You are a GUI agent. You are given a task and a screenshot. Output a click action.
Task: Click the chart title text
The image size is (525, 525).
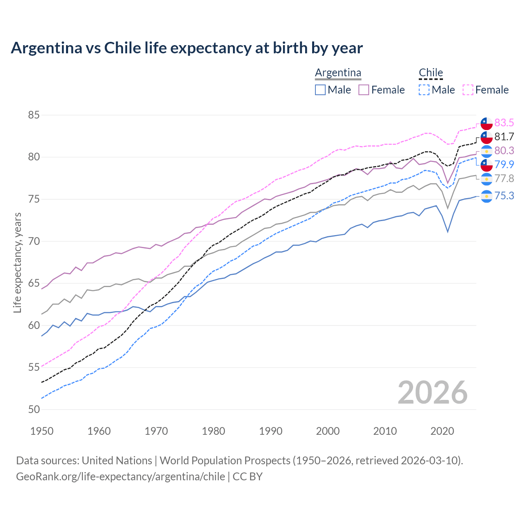[x=187, y=48]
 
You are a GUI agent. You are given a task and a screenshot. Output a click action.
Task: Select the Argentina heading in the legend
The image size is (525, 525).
[x=338, y=73]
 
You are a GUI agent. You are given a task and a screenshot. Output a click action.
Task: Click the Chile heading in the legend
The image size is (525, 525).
[x=431, y=73]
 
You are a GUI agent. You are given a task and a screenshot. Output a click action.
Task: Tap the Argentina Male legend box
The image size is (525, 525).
[x=320, y=90]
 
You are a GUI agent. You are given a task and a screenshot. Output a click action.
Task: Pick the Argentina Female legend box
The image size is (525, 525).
[x=364, y=90]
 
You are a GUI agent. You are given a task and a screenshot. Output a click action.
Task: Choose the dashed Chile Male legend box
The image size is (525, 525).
[x=424, y=90]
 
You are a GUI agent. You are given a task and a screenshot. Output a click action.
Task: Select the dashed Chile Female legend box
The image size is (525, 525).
[x=468, y=90]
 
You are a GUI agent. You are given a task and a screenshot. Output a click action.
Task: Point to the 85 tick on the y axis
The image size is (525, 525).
[x=34, y=115]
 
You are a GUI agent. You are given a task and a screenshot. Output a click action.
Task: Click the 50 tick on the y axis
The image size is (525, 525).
[x=34, y=409]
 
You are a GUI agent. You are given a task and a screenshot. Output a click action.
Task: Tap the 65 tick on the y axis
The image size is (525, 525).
[x=34, y=283]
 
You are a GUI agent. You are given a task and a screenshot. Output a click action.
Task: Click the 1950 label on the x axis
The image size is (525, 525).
[x=42, y=431]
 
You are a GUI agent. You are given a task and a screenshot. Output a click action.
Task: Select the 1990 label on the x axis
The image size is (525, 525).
[x=271, y=431]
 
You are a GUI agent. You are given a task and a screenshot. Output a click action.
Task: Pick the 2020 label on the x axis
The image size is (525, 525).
[x=442, y=431]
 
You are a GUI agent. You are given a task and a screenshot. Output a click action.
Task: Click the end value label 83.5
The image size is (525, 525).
[x=504, y=123]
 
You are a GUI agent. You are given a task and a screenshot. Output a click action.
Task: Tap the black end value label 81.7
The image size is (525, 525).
[x=504, y=137]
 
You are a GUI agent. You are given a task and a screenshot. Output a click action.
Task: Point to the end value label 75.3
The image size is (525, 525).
[x=504, y=196]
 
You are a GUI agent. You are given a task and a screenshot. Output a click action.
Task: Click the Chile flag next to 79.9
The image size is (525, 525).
[x=486, y=164]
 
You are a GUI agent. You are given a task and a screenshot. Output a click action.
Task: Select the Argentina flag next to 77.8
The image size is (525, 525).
[x=486, y=179]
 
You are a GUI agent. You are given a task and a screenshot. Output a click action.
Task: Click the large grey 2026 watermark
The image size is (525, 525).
[x=432, y=393]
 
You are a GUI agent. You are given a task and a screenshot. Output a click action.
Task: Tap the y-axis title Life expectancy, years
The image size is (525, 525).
[x=17, y=262]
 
